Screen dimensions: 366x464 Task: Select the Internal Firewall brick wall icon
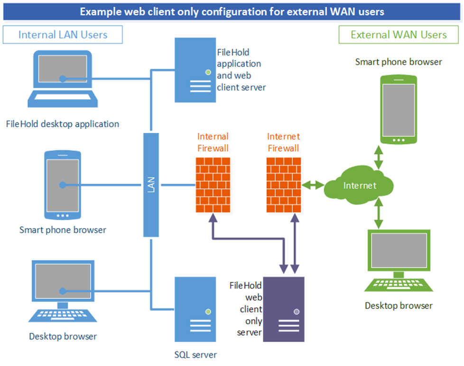[x=213, y=185]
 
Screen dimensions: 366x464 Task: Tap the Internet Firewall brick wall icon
[x=283, y=185]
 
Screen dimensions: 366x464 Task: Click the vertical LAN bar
[x=151, y=185]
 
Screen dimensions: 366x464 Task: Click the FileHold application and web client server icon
[x=195, y=70]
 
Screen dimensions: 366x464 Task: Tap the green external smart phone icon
[x=399, y=109]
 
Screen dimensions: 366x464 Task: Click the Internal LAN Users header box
[x=63, y=35]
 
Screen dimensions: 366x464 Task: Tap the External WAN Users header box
[x=399, y=35]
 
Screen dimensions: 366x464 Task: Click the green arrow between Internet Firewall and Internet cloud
[x=313, y=184]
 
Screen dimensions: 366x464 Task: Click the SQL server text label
[x=195, y=355]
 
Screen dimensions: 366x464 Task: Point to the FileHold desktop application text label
[x=63, y=124]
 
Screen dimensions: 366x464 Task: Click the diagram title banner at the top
[x=232, y=11]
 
